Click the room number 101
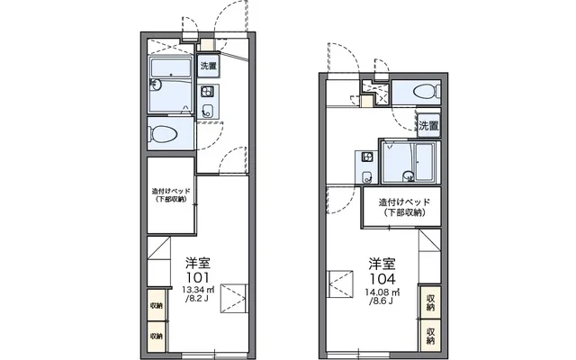click(x=198, y=277)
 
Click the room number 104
click(x=382, y=279)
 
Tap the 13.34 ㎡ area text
click(x=198, y=290)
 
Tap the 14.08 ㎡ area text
click(x=382, y=292)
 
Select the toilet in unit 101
click(x=162, y=134)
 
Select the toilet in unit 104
click(x=427, y=91)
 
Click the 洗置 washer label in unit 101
click(x=208, y=66)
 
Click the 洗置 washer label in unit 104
click(x=428, y=126)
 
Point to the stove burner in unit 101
click(x=207, y=91)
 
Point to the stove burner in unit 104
click(x=367, y=157)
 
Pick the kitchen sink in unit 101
click(x=208, y=110)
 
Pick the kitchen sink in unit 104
click(x=367, y=177)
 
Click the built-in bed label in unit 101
click(x=171, y=195)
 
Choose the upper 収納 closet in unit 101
click(x=157, y=305)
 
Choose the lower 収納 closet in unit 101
click(x=157, y=336)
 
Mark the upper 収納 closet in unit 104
click(x=430, y=302)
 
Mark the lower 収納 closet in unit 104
click(x=430, y=336)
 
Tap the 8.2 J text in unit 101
click(x=197, y=298)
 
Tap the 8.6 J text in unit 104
click(x=382, y=301)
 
